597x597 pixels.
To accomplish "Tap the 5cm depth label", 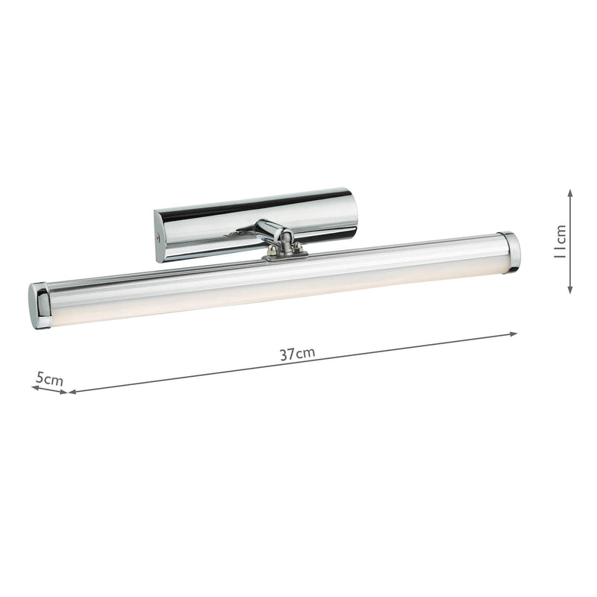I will pos(49,380).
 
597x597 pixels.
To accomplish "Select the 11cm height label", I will pos(562,240).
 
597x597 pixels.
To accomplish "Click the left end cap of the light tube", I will pos(40,304).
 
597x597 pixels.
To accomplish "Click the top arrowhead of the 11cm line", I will pos(570,193).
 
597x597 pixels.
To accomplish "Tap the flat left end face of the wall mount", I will pos(159,235).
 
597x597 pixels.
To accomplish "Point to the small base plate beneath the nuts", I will pos(285,256).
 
